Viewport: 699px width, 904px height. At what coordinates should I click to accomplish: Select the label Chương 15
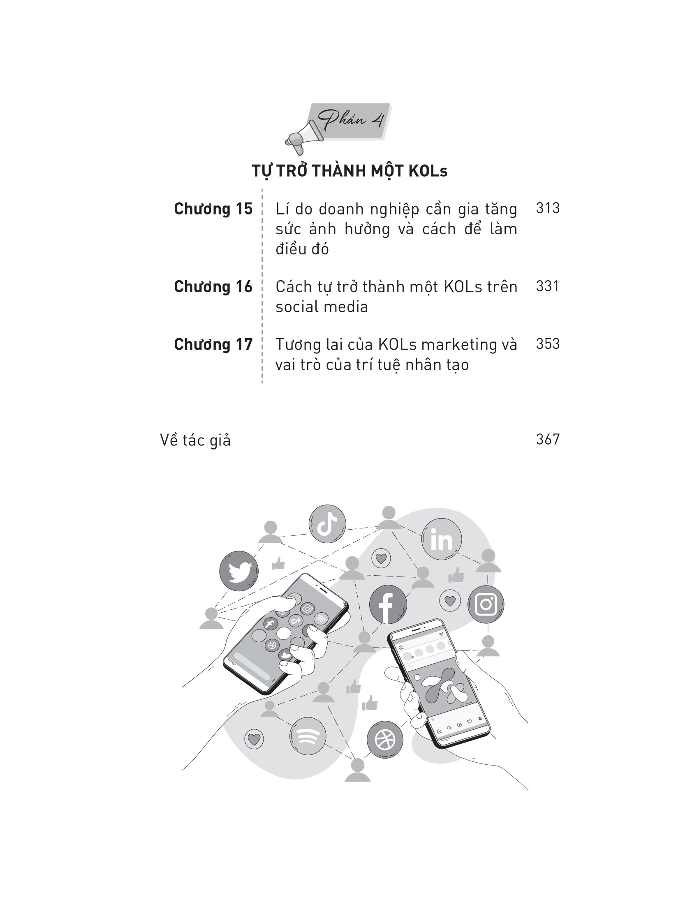[x=213, y=209]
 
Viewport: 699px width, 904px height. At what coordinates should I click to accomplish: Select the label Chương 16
[x=213, y=287]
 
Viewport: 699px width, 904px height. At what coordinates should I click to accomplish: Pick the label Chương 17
[x=213, y=344]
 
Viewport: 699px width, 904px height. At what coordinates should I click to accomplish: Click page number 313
[x=547, y=208]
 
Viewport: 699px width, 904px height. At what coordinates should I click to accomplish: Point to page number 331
[x=547, y=286]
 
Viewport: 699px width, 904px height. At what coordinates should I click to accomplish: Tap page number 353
[x=547, y=344]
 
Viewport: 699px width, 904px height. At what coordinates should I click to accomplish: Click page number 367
[x=547, y=439]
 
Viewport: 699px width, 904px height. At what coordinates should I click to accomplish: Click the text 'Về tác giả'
[x=195, y=440]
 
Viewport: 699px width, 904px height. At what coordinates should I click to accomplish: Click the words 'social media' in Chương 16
[x=322, y=307]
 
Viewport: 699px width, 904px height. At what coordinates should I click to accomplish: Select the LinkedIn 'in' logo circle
[x=442, y=539]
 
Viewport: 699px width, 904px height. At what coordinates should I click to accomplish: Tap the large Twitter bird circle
[x=239, y=571]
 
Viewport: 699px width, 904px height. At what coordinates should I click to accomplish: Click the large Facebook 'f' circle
[x=388, y=604]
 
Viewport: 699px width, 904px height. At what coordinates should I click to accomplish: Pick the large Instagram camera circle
[x=486, y=605]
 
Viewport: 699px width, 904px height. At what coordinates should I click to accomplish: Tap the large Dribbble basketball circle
[x=385, y=739]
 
